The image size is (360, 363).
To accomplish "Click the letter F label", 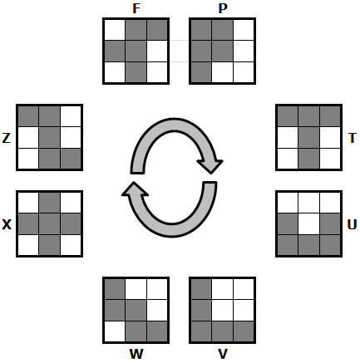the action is [x=136, y=8].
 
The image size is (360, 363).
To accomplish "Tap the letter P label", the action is [x=223, y=8].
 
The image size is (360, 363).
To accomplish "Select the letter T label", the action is [x=353, y=138].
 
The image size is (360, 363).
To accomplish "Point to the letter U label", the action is [x=352, y=224].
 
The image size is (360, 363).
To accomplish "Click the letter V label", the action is [x=223, y=354].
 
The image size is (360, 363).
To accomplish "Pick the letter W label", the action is [x=136, y=354].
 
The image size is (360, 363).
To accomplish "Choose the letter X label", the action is [x=7, y=224].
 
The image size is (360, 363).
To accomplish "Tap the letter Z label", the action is [x=7, y=138].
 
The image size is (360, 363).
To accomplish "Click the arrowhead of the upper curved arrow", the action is [x=210, y=166].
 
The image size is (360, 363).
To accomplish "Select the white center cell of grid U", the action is [x=309, y=224].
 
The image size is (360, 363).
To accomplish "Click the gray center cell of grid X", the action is [x=50, y=224].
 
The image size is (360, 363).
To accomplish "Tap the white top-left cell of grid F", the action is [x=115, y=30].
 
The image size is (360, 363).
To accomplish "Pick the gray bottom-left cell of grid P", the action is [x=201, y=72].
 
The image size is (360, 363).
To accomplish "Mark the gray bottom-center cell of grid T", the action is [x=309, y=159].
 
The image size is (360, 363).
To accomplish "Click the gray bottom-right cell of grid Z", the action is [x=71, y=159].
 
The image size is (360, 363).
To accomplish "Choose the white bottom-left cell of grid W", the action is [x=115, y=331].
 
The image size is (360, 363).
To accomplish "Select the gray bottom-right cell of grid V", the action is [x=244, y=331].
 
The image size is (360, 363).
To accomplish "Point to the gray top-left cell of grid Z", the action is [x=28, y=116].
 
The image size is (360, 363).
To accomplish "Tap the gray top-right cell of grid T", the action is [x=330, y=116].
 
